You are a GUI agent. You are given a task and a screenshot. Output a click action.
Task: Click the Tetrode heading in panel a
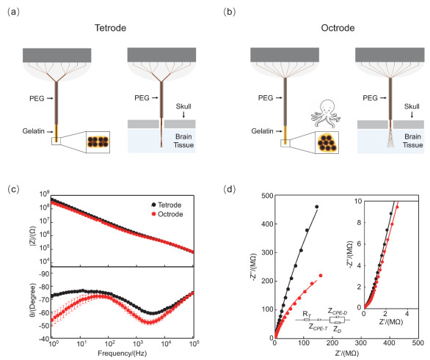click(110, 28)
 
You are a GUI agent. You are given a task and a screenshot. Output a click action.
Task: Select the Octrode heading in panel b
click(338, 28)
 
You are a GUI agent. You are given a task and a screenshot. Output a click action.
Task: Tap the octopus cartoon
click(326, 114)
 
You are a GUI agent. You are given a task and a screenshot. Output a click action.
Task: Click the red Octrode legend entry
click(167, 214)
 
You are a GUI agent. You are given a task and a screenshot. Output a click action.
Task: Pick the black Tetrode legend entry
click(166, 205)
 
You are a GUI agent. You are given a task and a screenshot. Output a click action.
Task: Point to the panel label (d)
click(229, 189)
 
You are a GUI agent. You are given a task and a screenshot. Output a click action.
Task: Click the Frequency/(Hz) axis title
click(123, 353)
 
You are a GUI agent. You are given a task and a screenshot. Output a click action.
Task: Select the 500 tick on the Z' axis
click(418, 343)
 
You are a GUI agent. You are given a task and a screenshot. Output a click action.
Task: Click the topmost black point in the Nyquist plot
click(317, 207)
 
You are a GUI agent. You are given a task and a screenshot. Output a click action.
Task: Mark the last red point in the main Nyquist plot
click(321, 276)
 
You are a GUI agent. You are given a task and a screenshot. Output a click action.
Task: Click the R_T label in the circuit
click(307, 314)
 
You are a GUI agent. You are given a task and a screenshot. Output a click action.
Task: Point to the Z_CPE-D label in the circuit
click(338, 312)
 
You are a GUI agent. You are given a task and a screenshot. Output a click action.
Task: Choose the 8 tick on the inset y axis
click(360, 222)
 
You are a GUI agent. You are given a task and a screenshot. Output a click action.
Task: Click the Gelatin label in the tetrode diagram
click(34, 131)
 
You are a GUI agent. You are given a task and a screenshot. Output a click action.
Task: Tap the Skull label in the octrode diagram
click(412, 106)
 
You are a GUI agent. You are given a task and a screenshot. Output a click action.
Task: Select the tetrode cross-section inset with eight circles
click(98, 142)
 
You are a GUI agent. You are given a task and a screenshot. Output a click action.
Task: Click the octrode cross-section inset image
click(327, 142)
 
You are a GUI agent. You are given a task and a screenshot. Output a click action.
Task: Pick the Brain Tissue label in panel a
click(183, 141)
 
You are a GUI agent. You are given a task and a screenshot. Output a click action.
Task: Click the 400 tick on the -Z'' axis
click(267, 224)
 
